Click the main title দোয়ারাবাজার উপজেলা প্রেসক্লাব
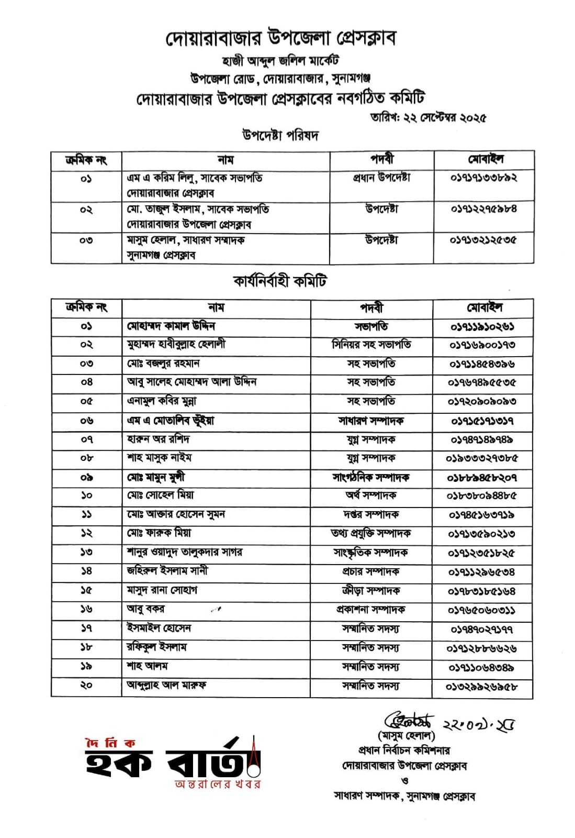[x=281, y=37]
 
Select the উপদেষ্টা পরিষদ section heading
[x=280, y=136]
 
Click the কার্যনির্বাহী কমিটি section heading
[x=280, y=281]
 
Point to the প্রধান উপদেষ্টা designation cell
[x=381, y=178]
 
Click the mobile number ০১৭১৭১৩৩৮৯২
[x=484, y=178]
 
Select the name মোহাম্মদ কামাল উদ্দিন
[x=171, y=326]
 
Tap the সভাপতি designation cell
[x=371, y=326]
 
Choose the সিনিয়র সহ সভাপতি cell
[x=371, y=345]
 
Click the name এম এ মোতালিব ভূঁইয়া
[x=171, y=421]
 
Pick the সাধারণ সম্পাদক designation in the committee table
[x=371, y=421]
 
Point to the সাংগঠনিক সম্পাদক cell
[x=371, y=477]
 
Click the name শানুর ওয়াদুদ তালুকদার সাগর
[x=185, y=552]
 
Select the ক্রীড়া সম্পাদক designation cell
[x=371, y=590]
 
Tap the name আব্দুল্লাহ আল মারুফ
[x=166, y=685]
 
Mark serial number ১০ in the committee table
[x=86, y=495]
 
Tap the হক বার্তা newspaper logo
[x=173, y=763]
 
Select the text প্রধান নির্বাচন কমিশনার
[x=404, y=751]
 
